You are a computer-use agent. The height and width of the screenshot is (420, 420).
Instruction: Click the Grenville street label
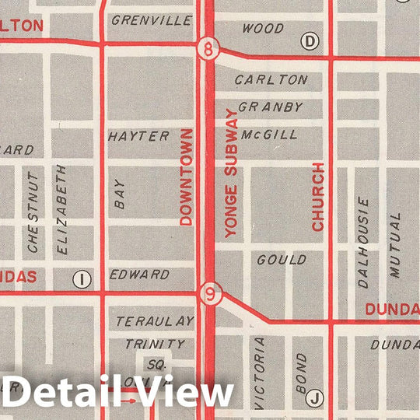[151, 21]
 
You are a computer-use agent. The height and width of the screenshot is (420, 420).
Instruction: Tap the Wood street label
[263, 29]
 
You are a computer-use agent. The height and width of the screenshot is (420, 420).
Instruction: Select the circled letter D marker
[311, 40]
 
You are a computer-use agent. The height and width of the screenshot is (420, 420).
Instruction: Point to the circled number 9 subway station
[208, 294]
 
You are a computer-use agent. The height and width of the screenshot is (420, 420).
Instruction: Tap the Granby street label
[270, 107]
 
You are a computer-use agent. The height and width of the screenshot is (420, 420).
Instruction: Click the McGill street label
[269, 135]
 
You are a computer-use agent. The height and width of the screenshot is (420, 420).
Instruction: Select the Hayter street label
[138, 136]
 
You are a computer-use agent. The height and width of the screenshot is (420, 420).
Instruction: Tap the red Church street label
[317, 197]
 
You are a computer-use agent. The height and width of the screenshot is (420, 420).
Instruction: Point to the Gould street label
[281, 259]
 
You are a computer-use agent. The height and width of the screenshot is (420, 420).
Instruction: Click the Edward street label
[139, 275]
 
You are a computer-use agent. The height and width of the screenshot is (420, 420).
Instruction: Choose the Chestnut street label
[33, 212]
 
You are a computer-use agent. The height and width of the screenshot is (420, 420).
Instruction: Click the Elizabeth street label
[62, 209]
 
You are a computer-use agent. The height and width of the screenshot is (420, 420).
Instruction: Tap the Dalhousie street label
[363, 242]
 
